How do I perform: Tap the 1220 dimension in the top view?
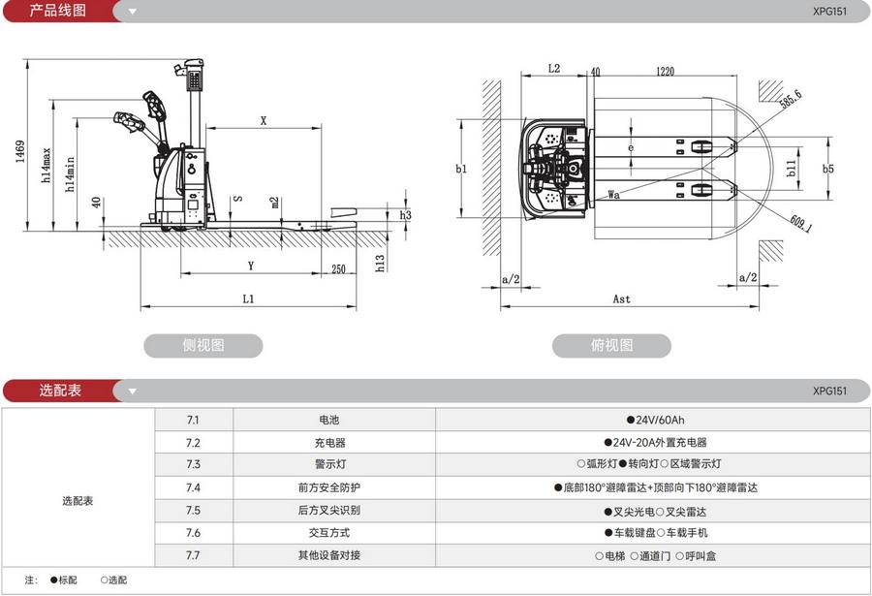[664, 71]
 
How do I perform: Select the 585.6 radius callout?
[791, 100]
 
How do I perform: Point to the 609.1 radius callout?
[799, 225]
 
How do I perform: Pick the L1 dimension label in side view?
[248, 298]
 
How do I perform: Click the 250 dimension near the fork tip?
[337, 269]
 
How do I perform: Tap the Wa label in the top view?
[613, 195]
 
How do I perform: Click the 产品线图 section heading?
[58, 11]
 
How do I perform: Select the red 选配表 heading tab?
[60, 391]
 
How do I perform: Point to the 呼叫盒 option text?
[698, 556]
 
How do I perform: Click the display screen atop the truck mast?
[194, 73]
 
